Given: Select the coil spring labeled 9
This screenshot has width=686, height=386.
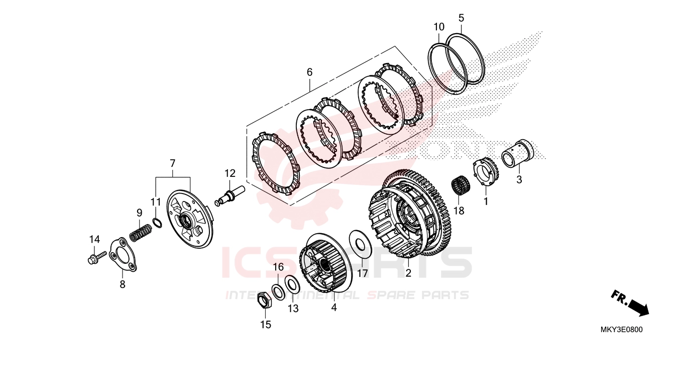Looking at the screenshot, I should pyautogui.click(x=141, y=233).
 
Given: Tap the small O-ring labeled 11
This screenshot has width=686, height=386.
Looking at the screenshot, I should pyautogui.click(x=157, y=223).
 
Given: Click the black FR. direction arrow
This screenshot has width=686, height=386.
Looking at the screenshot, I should pyautogui.click(x=631, y=304).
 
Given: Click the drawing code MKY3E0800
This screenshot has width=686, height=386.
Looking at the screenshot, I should pyautogui.click(x=621, y=330).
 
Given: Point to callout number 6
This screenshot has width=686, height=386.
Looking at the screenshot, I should pyautogui.click(x=309, y=72).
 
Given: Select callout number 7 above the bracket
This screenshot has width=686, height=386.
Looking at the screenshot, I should pyautogui.click(x=172, y=163).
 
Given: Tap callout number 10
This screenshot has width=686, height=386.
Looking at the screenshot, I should pyautogui.click(x=439, y=27).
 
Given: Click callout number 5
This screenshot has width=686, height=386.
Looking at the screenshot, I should pyautogui.click(x=461, y=19).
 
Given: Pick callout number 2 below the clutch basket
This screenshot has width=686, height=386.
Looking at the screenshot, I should pyautogui.click(x=408, y=273).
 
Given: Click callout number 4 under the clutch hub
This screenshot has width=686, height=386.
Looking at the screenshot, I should pyautogui.click(x=334, y=307).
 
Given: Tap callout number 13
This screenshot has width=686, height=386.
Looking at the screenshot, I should pyautogui.click(x=293, y=309).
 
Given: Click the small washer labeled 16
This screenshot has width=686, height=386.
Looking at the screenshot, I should pyautogui.click(x=278, y=291).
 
